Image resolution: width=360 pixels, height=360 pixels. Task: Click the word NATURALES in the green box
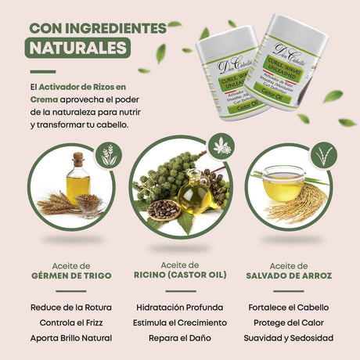[77, 48]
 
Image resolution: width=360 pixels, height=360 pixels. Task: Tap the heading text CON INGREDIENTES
[98, 28]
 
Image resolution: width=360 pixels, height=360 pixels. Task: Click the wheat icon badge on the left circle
[110, 155]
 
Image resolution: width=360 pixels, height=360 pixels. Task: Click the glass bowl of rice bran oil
[283, 184]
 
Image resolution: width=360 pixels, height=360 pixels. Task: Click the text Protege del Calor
[289, 322]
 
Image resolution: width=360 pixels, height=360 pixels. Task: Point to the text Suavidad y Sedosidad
[289, 338]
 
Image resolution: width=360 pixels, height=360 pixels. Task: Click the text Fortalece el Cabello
[289, 308]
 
